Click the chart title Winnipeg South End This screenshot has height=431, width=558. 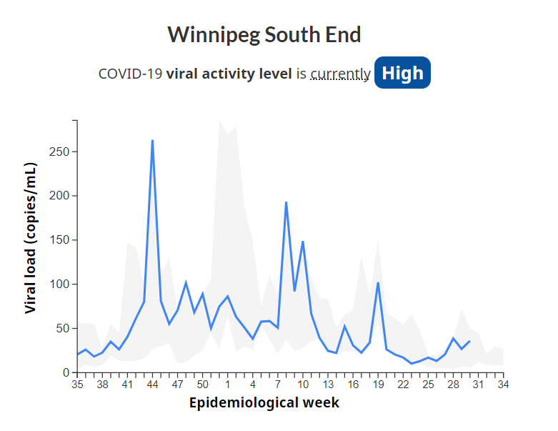264,34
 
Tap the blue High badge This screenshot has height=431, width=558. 402,73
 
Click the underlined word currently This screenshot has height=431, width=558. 340,74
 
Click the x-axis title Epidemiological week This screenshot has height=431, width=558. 264,402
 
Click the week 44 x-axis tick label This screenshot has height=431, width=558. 152,385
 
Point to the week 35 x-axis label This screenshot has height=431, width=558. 77,385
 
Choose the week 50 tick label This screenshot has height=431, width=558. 202,385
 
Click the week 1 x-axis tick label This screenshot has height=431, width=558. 228,385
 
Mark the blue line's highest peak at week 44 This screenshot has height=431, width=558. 152,141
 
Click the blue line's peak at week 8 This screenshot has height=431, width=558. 286,202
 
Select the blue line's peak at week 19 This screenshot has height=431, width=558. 378,283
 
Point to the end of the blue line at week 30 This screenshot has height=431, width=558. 469,341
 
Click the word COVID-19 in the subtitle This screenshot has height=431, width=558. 130,74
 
